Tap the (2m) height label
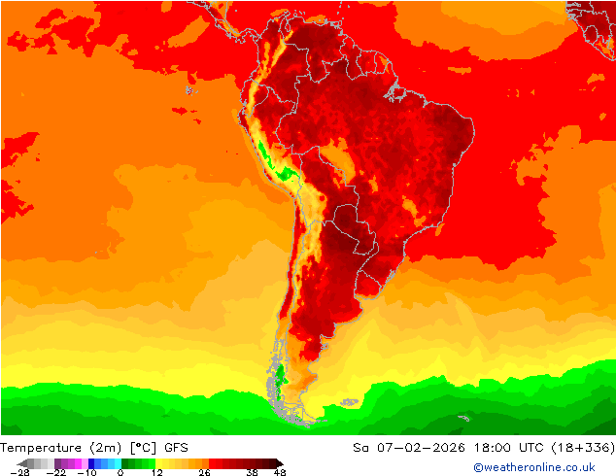[x=103, y=448]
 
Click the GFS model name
[x=177, y=448]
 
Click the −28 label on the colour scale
[x=18, y=472]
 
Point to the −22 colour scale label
[x=55, y=472]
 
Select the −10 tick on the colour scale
[x=86, y=472]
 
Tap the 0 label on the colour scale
[x=120, y=472]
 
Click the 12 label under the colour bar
[x=156, y=472]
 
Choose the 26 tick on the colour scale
[x=205, y=472]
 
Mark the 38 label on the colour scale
[x=252, y=472]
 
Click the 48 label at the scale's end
[x=279, y=472]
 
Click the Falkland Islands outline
[x=349, y=401]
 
